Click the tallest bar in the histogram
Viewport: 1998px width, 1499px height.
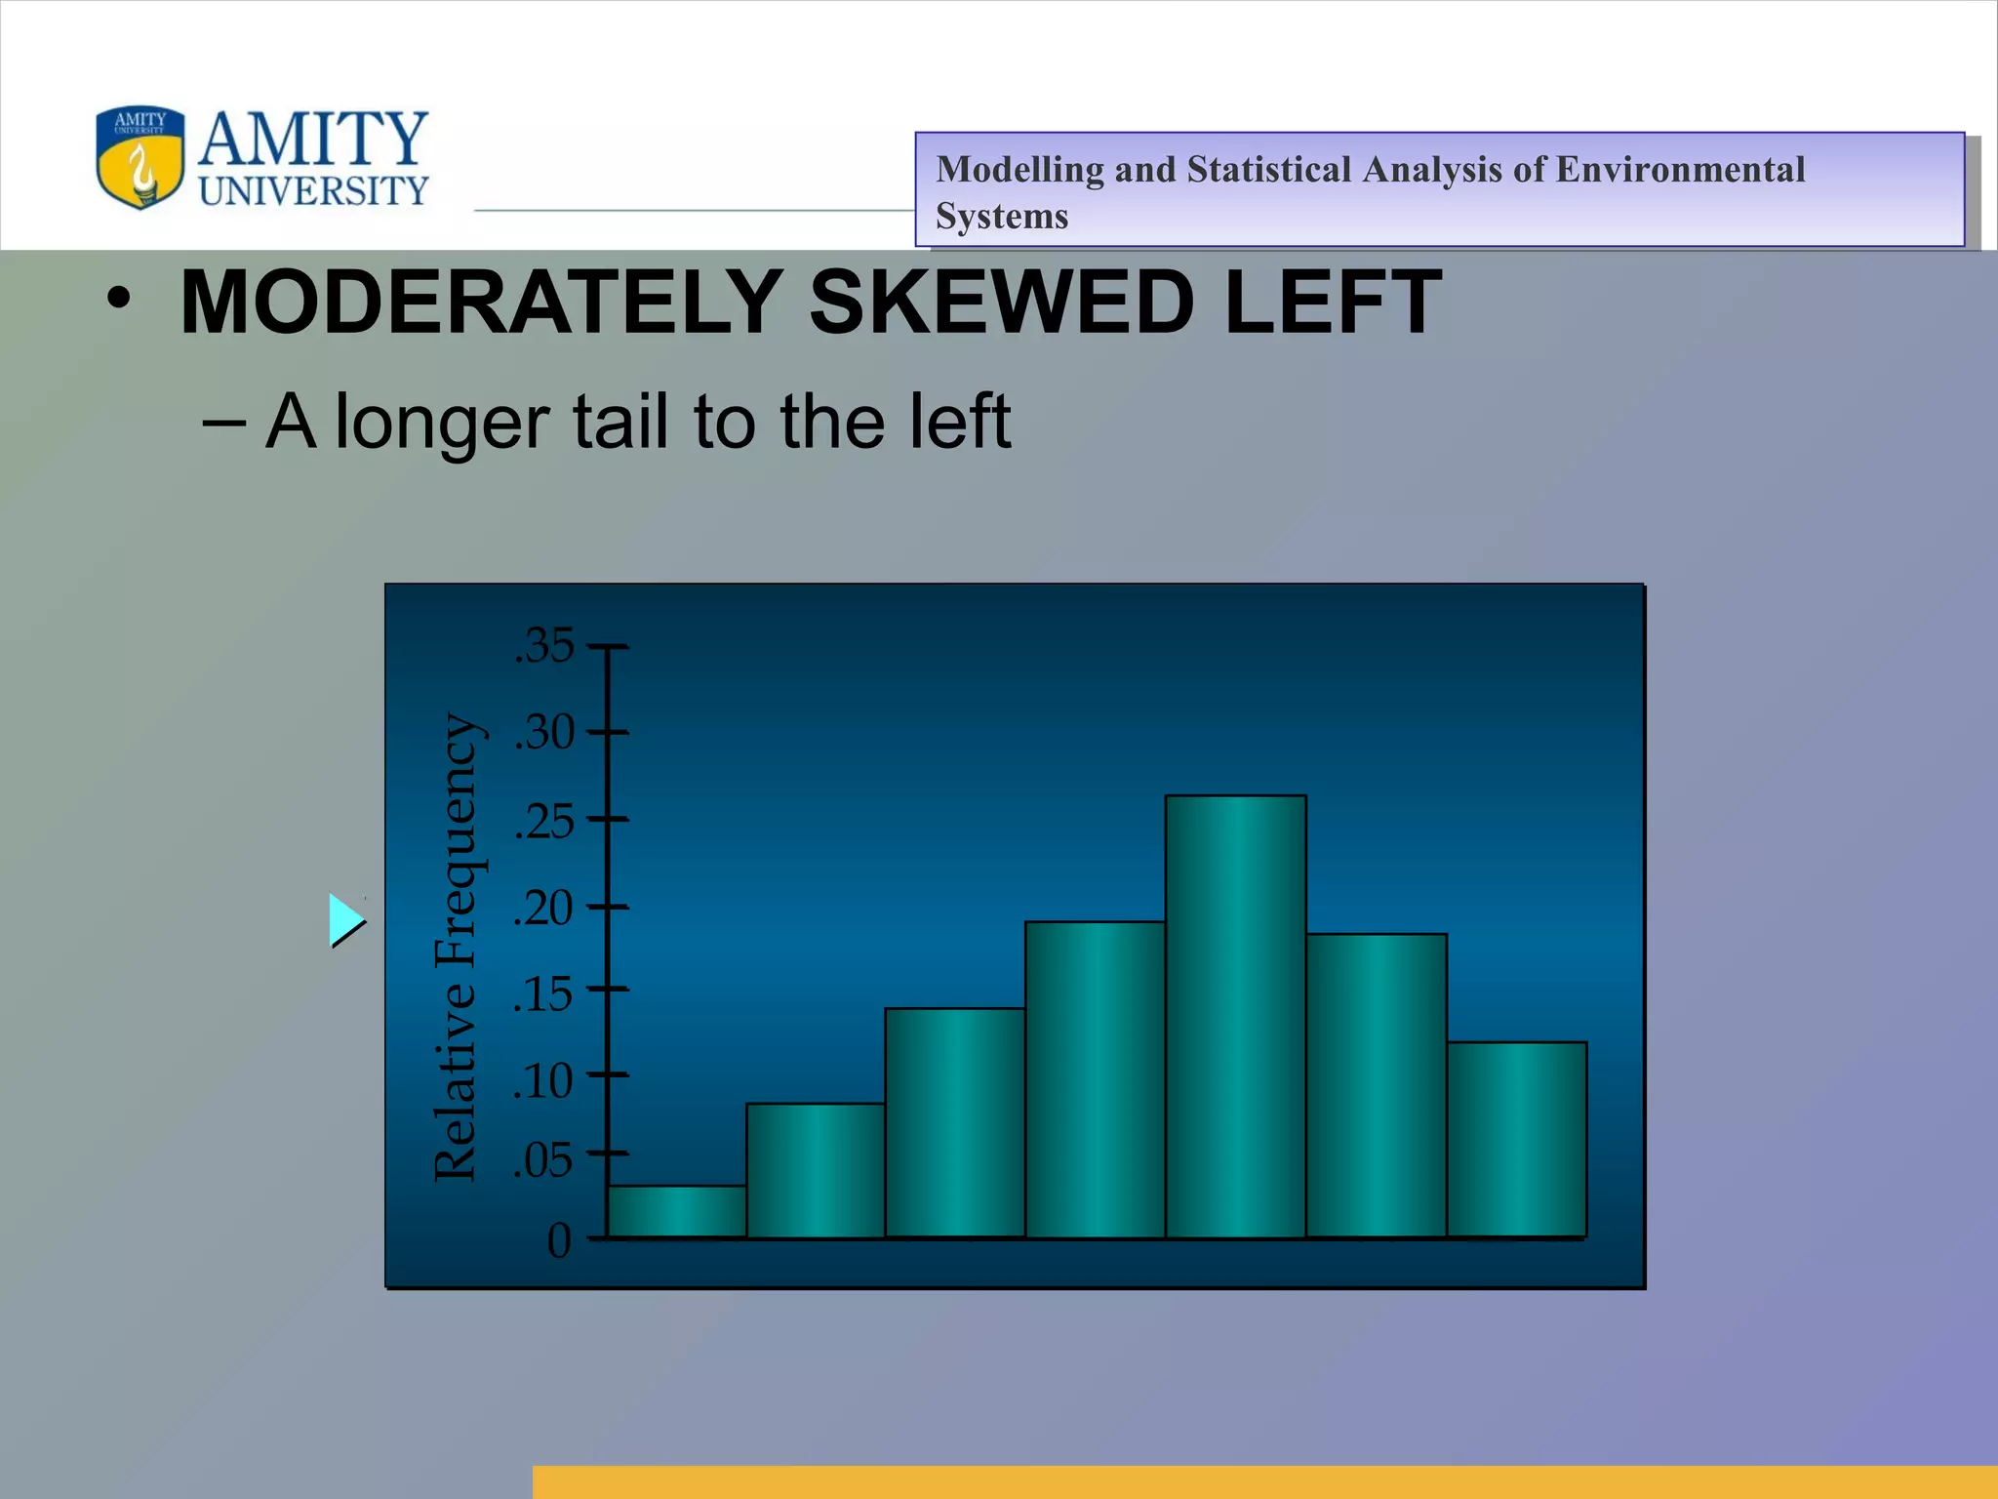pyautogui.click(x=1235, y=1016)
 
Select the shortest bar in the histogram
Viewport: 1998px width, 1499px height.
pyautogui.click(x=677, y=1211)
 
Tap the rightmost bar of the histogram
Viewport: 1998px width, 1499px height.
pyautogui.click(x=1516, y=1139)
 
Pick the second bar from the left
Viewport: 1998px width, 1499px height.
pyautogui.click(x=816, y=1170)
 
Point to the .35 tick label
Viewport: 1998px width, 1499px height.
pyautogui.click(x=544, y=646)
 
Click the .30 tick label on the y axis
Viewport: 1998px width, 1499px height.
pyautogui.click(x=544, y=732)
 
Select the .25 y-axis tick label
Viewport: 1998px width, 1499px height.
pyautogui.click(x=544, y=821)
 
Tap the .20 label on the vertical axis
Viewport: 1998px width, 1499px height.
pyautogui.click(x=544, y=908)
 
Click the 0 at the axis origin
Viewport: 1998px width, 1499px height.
pyautogui.click(x=559, y=1241)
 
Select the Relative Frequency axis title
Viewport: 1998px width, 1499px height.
pyautogui.click(x=456, y=947)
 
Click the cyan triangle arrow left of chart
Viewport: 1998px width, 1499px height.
pyautogui.click(x=345, y=920)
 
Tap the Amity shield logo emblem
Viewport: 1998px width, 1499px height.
pyautogui.click(x=140, y=157)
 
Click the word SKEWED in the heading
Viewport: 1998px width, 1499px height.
pyautogui.click(x=1002, y=302)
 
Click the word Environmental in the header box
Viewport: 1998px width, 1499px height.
pyautogui.click(x=1680, y=170)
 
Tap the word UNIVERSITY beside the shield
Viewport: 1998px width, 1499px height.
pyautogui.click(x=313, y=191)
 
